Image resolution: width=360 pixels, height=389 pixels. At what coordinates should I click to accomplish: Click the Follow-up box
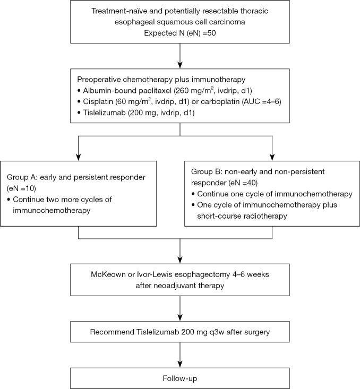[x=180, y=378]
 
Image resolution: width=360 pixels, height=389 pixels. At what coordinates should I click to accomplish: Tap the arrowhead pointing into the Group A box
[x=78, y=158]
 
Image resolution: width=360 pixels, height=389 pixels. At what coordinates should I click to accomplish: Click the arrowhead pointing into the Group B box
[x=272, y=158]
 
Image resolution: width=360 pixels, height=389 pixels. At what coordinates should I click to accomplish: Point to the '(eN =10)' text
[x=21, y=188]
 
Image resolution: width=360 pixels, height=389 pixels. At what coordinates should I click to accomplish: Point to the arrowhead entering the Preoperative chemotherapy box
[x=180, y=65]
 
